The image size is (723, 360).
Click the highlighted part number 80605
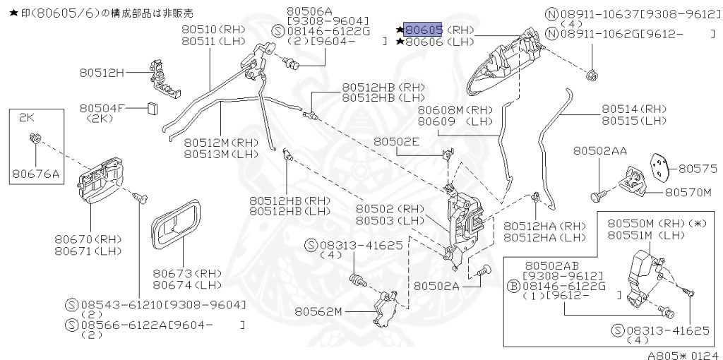pos(423,30)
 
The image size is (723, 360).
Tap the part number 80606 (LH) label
pos(423,42)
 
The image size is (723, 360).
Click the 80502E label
pos(396,141)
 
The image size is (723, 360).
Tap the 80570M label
pos(691,191)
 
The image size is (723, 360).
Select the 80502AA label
pos(600,151)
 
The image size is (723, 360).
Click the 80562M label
pos(318,311)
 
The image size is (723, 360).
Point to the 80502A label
pos(436,286)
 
